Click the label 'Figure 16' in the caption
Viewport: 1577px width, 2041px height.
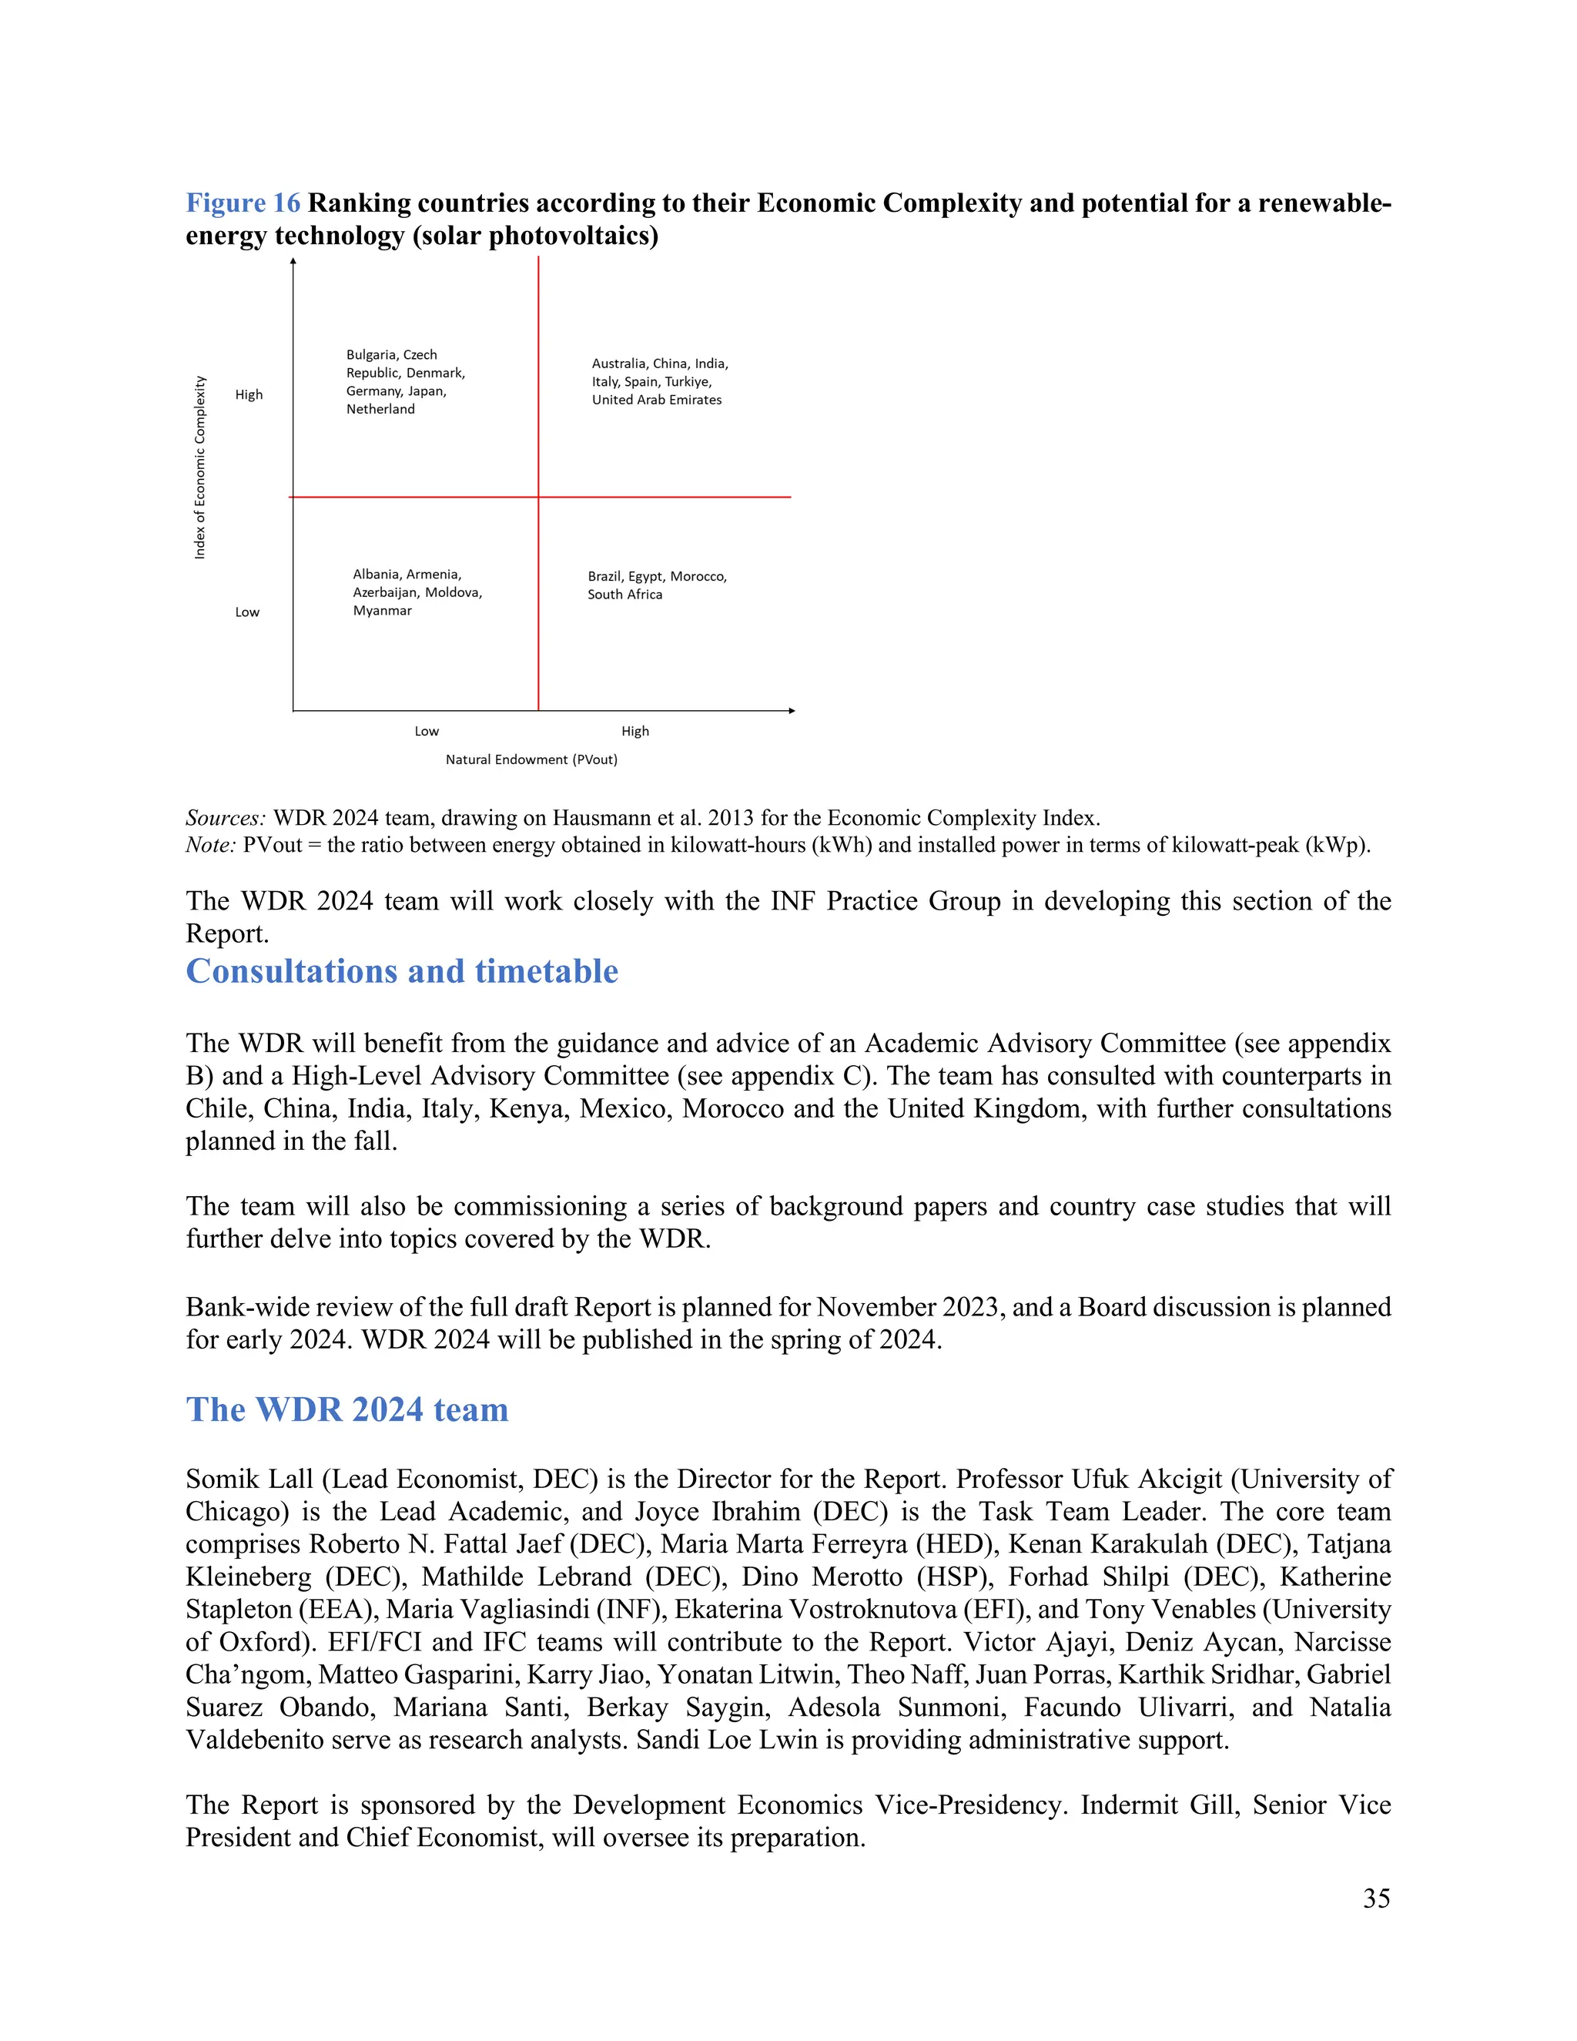coord(243,204)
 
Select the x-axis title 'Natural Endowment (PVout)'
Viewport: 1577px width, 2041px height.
coord(531,759)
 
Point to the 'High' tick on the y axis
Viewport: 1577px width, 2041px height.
coord(249,394)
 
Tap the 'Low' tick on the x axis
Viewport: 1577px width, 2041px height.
coord(426,731)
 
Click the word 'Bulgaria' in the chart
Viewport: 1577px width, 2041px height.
coord(371,354)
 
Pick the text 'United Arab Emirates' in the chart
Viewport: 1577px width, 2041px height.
coord(656,399)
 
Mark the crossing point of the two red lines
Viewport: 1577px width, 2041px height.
coord(538,498)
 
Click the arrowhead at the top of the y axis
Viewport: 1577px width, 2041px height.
coord(293,263)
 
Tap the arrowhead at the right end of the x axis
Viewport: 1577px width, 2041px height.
coord(792,710)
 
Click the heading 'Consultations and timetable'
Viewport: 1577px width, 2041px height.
coord(402,971)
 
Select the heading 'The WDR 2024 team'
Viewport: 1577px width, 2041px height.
coord(347,1409)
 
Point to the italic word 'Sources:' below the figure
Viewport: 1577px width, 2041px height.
coord(225,818)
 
